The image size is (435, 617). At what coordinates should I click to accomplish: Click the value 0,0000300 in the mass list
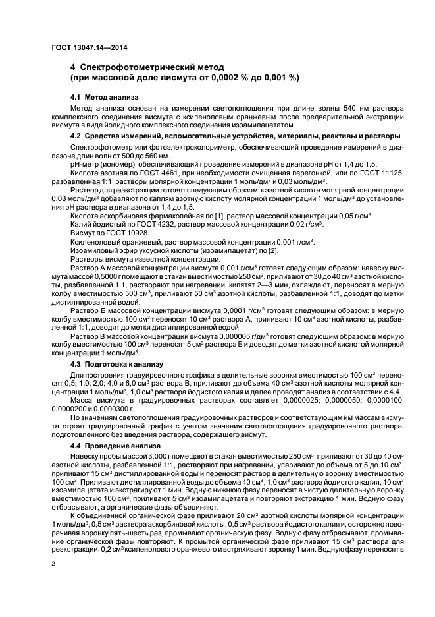click(x=118, y=408)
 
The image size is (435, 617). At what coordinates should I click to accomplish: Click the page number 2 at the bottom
click(x=53, y=564)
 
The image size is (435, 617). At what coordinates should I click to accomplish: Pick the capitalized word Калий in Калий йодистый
click(x=80, y=225)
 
